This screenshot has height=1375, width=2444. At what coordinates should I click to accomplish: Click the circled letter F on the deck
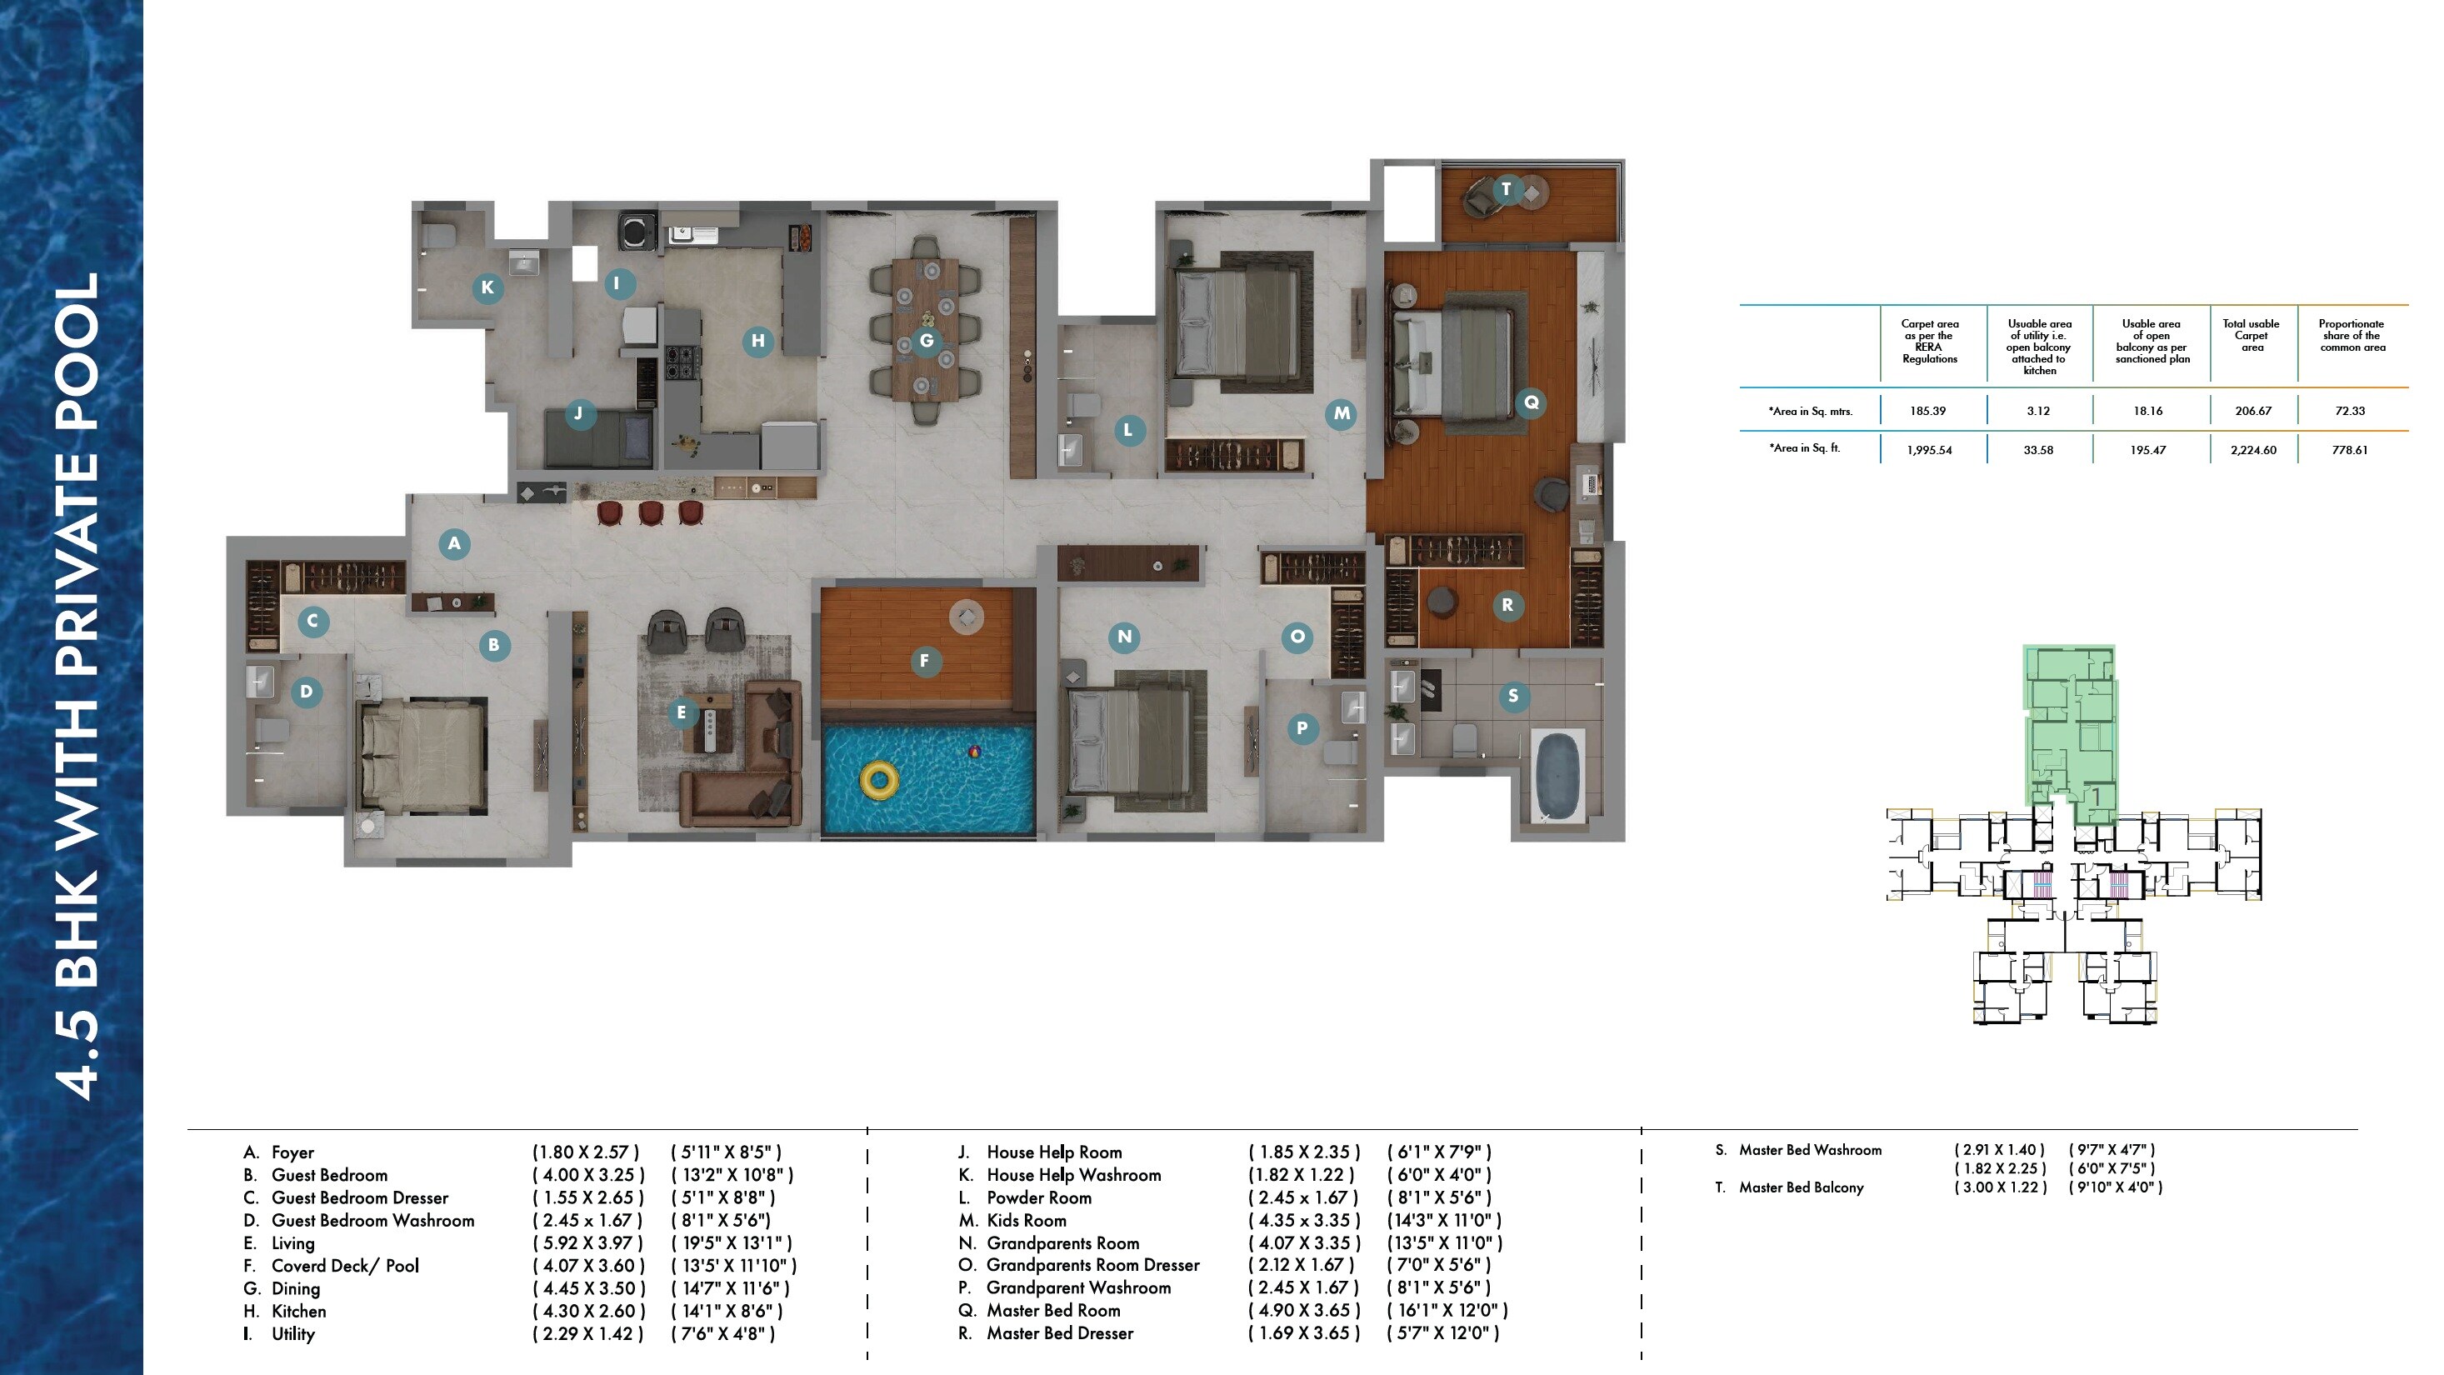pyautogui.click(x=924, y=661)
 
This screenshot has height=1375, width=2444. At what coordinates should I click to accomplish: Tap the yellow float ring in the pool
pyautogui.click(x=878, y=780)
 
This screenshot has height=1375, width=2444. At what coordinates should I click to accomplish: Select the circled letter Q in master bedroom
pyautogui.click(x=1531, y=402)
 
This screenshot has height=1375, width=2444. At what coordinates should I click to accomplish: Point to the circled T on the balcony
pyautogui.click(x=1506, y=189)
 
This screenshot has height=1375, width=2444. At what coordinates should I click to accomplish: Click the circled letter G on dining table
pyautogui.click(x=926, y=340)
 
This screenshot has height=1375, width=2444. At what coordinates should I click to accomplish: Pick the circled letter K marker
pyautogui.click(x=487, y=287)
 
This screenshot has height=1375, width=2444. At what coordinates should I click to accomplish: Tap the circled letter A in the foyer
pyautogui.click(x=454, y=543)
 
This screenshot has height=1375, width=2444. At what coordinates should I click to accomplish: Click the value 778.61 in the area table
pyautogui.click(x=2349, y=450)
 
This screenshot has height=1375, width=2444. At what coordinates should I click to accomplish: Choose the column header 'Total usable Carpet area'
pyautogui.click(x=2251, y=335)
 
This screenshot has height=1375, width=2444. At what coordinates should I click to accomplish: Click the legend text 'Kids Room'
pyautogui.click(x=1026, y=1220)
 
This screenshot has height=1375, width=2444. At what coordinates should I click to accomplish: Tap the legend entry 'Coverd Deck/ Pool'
pyautogui.click(x=344, y=1266)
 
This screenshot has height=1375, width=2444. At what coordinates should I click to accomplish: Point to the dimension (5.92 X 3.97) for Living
pyautogui.click(x=588, y=1243)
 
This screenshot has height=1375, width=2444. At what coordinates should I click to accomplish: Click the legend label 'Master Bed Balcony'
pyautogui.click(x=1800, y=1187)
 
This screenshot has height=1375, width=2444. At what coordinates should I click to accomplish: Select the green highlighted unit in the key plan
pyautogui.click(x=2070, y=731)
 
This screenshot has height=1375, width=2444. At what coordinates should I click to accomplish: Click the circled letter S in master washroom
pyautogui.click(x=1512, y=696)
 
